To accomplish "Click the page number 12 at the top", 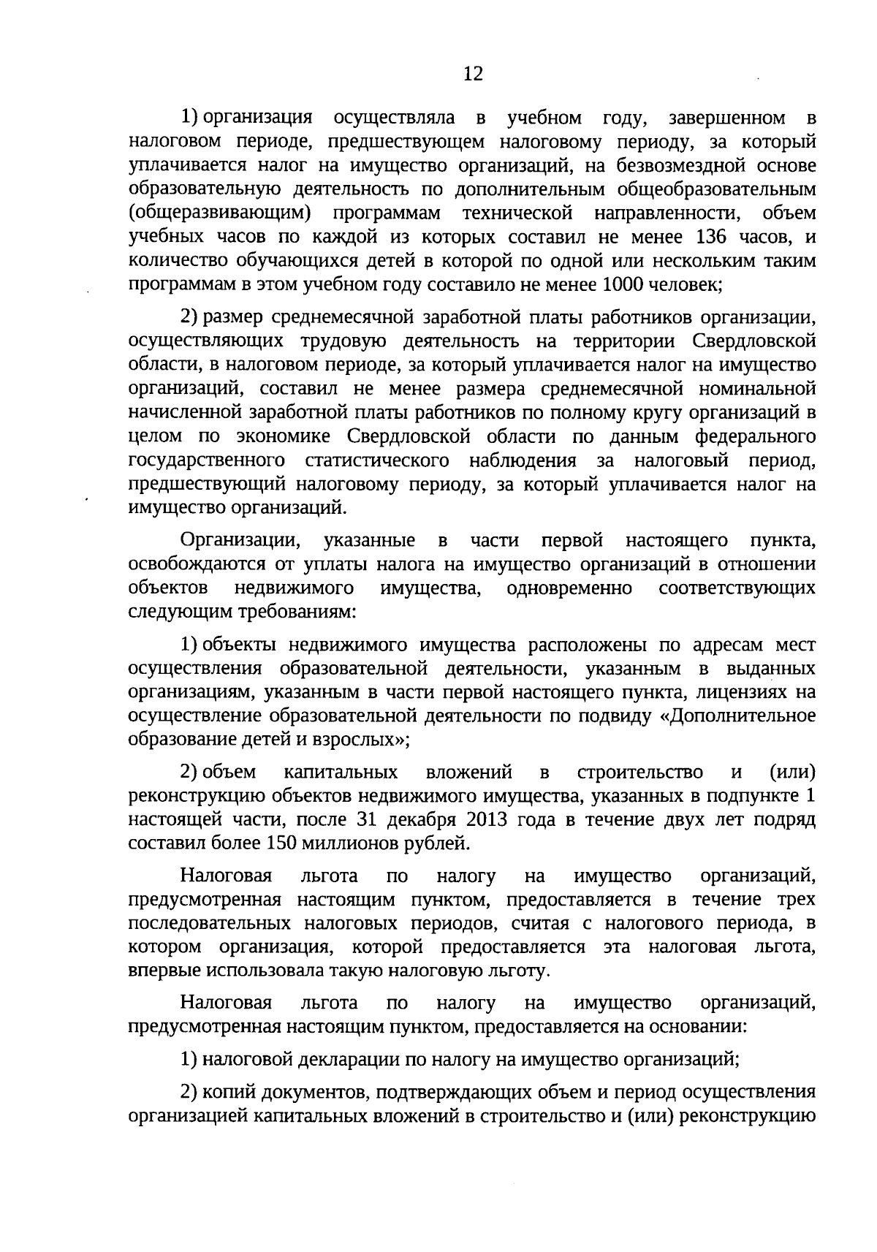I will coord(473,74).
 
